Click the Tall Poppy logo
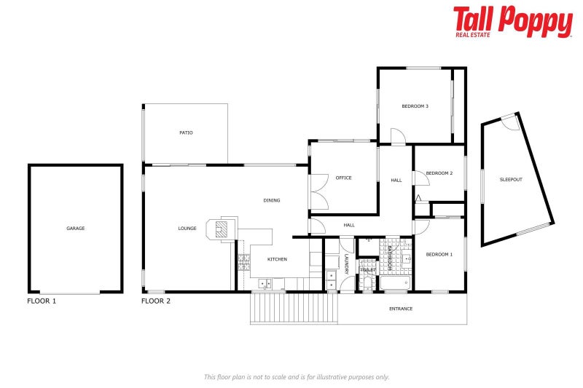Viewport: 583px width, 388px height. [512, 22]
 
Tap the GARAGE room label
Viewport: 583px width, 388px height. [76, 229]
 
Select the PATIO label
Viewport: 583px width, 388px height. [186, 132]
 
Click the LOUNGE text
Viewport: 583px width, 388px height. [187, 229]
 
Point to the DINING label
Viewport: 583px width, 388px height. [272, 200]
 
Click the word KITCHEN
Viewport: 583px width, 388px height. [277, 259]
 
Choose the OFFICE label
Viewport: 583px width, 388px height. [343, 178]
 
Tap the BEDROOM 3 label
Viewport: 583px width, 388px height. [415, 106]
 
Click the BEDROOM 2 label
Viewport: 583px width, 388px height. [439, 173]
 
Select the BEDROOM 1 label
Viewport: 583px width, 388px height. [439, 254]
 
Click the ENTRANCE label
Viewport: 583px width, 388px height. [401, 309]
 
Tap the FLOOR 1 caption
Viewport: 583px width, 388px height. [42, 300]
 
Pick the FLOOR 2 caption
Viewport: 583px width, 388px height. [156, 300]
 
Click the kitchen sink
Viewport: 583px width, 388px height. [264, 284]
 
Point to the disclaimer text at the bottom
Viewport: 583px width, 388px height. [297, 377]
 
